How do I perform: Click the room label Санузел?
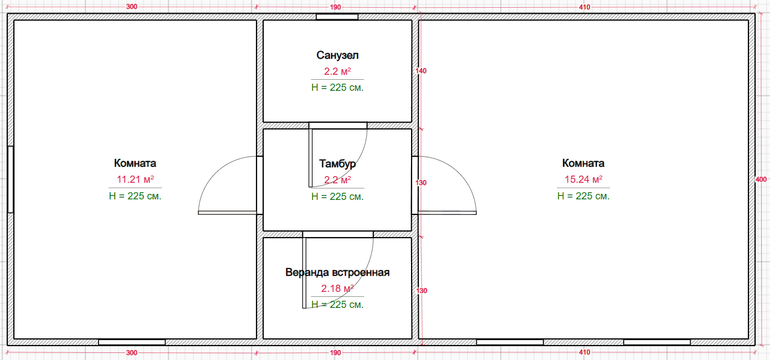coord(337,55)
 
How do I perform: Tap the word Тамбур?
coord(337,164)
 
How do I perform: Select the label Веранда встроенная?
coord(337,272)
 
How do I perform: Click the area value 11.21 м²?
coord(135,179)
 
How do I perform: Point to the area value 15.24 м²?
coord(583,179)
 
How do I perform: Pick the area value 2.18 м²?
coord(337,288)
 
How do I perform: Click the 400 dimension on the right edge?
coord(761,179)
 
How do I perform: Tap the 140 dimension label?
coord(421,71)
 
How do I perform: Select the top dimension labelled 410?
coord(584,7)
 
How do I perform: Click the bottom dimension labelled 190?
coord(335,352)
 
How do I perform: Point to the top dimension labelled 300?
coord(132,7)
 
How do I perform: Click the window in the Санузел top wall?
coord(337,17)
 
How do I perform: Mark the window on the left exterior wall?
coord(11,179)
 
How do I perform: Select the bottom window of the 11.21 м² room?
coord(132,342)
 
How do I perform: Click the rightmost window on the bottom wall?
coord(657,342)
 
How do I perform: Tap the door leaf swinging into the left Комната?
coord(227,213)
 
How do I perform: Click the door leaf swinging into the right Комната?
coord(447,213)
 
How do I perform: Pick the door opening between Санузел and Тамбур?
coord(338,126)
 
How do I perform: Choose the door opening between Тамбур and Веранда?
coord(338,234)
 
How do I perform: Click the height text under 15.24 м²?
coord(583,196)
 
